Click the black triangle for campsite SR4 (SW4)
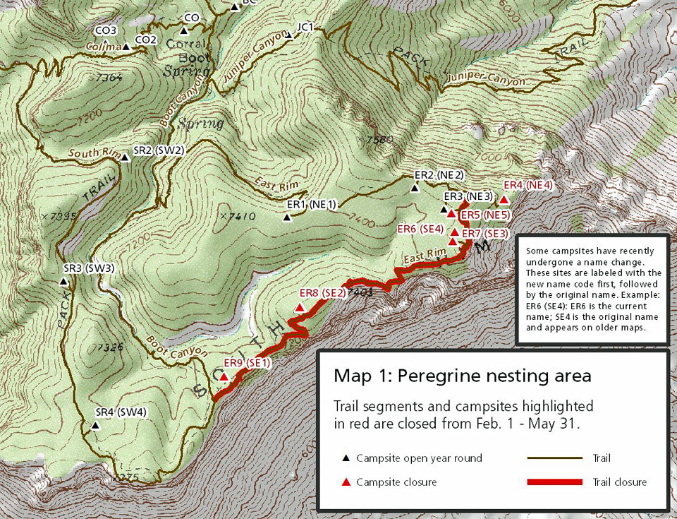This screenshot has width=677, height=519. [95, 426]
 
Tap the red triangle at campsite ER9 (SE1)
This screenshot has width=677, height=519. [224, 377]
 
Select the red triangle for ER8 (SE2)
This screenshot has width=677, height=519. [300, 308]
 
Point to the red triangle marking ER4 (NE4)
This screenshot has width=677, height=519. [504, 200]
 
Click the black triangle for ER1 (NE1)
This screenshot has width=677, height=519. [286, 217]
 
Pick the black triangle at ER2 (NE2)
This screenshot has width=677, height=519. [415, 188]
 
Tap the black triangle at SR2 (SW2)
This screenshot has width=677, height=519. [125, 157]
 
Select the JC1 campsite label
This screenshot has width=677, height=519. [305, 27]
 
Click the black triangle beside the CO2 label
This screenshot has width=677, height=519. [126, 47]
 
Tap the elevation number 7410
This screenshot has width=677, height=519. [240, 216]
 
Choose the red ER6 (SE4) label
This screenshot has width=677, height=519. [420, 229]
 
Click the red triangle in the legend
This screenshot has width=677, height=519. [346, 482]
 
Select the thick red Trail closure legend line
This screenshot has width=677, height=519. [555, 482]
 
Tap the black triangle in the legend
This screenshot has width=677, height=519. [346, 458]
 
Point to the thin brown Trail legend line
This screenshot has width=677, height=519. [555, 458]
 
